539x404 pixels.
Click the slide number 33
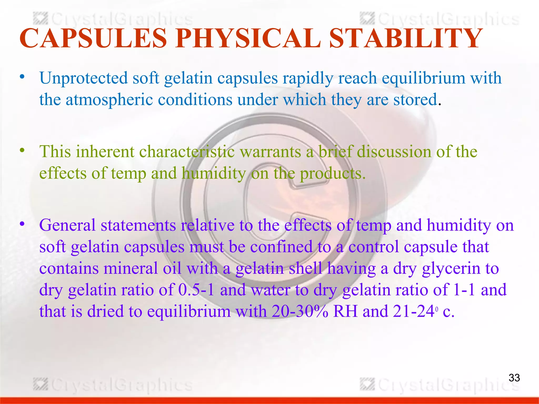[514, 378]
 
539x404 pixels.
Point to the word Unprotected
[83, 78]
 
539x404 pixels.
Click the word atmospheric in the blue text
[109, 100]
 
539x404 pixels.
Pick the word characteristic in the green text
[187, 152]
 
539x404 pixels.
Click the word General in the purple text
[67, 225]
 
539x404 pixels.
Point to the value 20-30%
[300, 311]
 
